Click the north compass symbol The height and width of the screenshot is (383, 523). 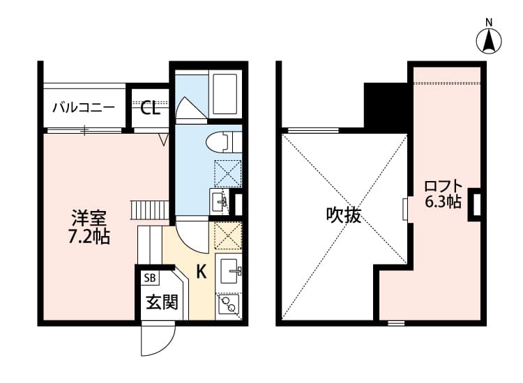coord(490,40)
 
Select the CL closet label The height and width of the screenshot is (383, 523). coord(151,108)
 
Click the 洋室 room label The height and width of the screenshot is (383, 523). coord(88,217)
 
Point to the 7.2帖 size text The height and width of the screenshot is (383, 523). coord(88,237)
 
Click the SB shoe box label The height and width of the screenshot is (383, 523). coord(149,278)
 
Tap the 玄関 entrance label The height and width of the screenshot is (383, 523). coord(161,302)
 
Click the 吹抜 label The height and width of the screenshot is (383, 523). coord(344,215)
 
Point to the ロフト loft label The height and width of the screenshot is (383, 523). coord(443,186)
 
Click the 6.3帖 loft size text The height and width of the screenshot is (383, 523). coord(443,203)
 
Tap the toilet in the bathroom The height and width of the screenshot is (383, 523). coord(222,143)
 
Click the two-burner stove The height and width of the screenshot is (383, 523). coord(229,304)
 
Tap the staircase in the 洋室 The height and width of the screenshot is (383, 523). coord(150,209)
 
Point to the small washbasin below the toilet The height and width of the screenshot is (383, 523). coord(220,201)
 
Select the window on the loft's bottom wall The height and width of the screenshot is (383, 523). coord(396,322)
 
